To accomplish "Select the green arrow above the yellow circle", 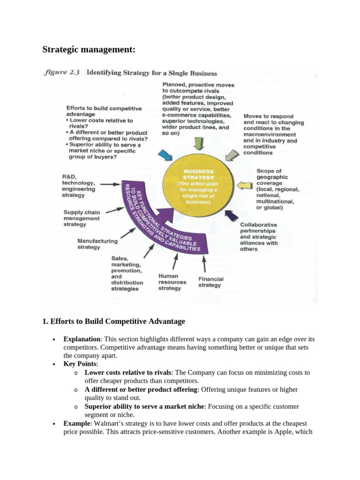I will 198,144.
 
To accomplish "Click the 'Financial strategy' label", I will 210,282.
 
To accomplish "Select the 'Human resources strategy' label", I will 172,282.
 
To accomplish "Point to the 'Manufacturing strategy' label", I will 97,244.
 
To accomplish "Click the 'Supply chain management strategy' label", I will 82,218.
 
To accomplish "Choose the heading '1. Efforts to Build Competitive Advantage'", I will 114,322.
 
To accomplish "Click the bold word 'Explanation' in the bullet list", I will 82,339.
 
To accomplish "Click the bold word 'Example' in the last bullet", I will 76,423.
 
